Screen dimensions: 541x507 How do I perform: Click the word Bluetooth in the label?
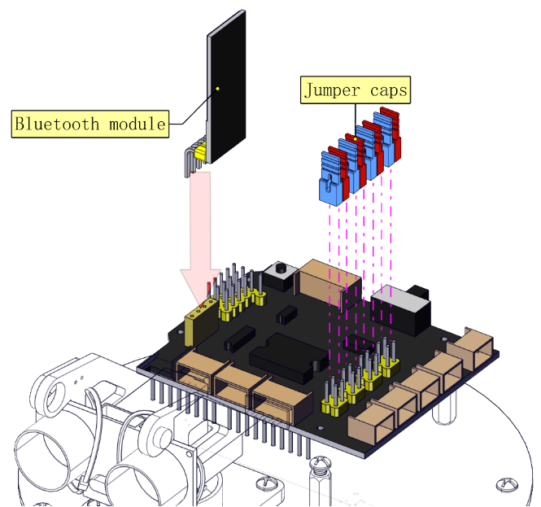(57, 124)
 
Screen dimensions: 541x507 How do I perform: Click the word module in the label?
(137, 124)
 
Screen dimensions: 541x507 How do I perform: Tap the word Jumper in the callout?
(332, 91)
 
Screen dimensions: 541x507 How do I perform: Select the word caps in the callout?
(389, 91)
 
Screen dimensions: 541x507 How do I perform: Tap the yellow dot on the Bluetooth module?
(218, 89)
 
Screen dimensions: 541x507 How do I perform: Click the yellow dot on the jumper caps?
(355, 139)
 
